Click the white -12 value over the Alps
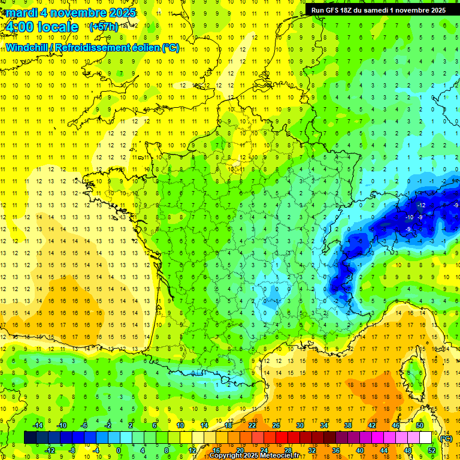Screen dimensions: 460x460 pos(422,205)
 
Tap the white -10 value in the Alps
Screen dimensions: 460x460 pos(410,217)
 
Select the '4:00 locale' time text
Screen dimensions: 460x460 pos(41,27)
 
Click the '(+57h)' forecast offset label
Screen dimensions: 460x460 pos(103,27)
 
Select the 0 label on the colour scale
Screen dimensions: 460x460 pos(118,450)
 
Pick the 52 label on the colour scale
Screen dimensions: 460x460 pos(431,450)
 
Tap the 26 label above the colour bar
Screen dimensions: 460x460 pos(276,425)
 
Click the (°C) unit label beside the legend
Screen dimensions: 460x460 pos(446,438)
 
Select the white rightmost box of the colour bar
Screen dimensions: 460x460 pos(425,438)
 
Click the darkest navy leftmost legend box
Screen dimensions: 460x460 pos(30,438)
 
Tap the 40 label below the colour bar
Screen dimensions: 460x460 pos(359,450)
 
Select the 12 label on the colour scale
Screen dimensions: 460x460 pos(192,450)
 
